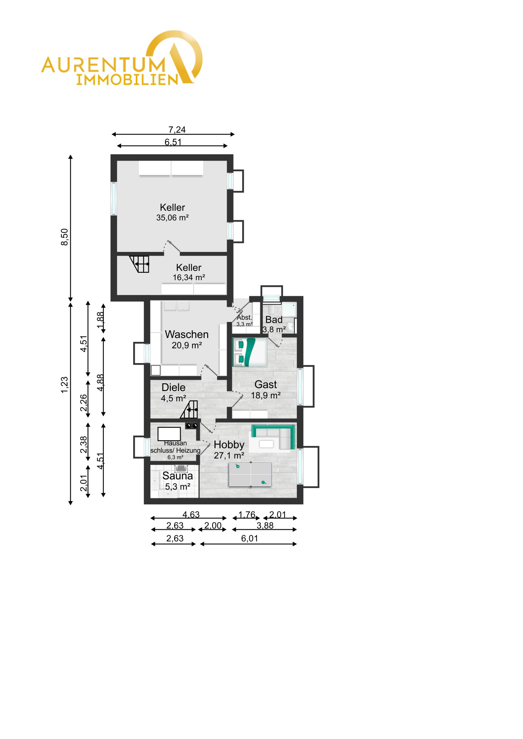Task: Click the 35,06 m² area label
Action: (x=172, y=218)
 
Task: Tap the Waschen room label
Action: (x=187, y=334)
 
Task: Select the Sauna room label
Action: (x=178, y=476)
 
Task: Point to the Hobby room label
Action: (x=229, y=445)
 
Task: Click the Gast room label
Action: (x=266, y=384)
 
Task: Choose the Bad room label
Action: (x=274, y=320)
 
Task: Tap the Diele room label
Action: (x=173, y=387)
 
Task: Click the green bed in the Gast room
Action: (x=250, y=352)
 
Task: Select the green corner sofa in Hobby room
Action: (x=273, y=436)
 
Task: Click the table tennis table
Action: (x=250, y=475)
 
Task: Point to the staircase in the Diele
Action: (x=189, y=409)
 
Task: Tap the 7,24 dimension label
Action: (x=177, y=130)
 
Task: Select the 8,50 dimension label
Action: (x=64, y=237)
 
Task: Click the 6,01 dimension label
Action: (x=249, y=539)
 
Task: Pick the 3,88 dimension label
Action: (x=265, y=526)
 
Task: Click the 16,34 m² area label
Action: (x=189, y=278)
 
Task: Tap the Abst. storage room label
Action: (x=244, y=318)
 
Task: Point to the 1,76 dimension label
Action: (x=247, y=515)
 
